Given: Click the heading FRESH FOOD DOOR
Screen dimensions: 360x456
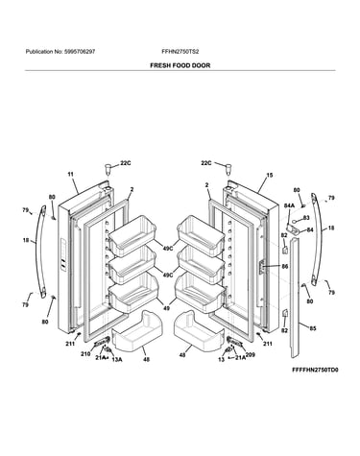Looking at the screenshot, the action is pos(180,65).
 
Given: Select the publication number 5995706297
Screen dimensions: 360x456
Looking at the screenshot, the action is pos(80,52).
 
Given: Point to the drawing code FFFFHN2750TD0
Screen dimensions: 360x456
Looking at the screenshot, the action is pos(315,370).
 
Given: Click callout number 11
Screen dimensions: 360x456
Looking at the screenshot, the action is pos(70,175).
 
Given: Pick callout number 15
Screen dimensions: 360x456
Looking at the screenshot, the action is pos(270,175).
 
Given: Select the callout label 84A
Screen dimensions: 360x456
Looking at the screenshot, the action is pos(289,205).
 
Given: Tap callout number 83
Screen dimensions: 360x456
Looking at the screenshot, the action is pos(306,218).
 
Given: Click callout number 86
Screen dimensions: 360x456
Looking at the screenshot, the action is pos(284,266).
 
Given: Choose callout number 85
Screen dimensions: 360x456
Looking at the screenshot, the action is pos(313,328).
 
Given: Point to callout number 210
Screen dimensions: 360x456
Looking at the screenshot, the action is pos(85,354).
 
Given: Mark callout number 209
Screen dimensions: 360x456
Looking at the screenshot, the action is pos(251,355).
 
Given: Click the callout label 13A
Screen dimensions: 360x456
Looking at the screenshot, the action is pos(117,360).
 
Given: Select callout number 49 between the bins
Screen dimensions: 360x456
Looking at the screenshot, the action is pos(166,308).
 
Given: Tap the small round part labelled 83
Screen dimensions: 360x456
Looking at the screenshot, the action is pos(295,221).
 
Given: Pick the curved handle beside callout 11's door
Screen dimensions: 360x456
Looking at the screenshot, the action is pos(39,252).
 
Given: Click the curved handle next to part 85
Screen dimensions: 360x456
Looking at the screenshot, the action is pos(317,238).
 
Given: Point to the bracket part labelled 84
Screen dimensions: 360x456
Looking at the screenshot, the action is pos(294,229).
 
